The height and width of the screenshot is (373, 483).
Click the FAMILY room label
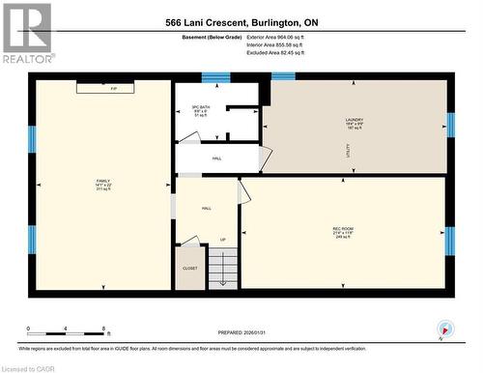point(103,185)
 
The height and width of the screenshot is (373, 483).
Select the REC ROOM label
point(344,232)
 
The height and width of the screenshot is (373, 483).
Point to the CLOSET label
point(189,270)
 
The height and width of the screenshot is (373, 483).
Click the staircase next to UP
point(223,268)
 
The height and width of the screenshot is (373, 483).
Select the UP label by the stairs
point(224,241)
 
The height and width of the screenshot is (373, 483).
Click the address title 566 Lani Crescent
point(241,22)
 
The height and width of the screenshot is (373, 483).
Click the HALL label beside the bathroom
point(216,158)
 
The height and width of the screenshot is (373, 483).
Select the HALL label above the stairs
point(207,208)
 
